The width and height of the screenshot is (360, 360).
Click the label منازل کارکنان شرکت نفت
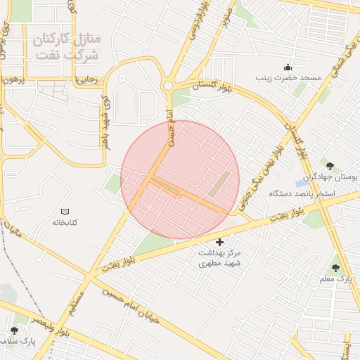click(67, 45)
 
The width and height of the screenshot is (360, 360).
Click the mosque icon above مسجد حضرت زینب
click(288, 67)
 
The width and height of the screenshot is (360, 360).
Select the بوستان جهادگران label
click(330, 177)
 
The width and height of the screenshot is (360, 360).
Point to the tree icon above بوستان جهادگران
click(330, 166)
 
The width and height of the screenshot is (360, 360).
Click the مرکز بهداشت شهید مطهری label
click(219, 257)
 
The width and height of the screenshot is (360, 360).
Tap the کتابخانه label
click(65, 222)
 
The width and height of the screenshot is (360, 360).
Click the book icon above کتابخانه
click(65, 211)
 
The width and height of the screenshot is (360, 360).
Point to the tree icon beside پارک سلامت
click(14, 330)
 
